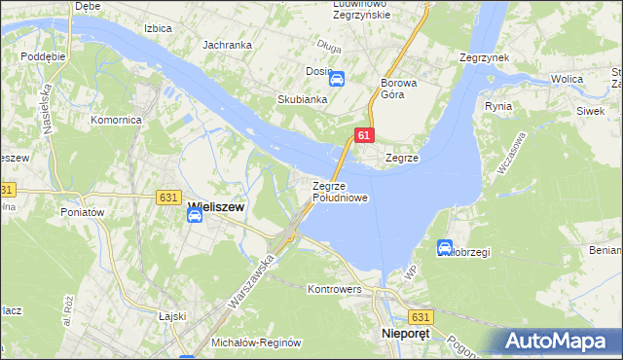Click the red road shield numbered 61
pyautogui.click(x=362, y=136)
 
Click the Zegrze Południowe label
pyautogui.click(x=340, y=192)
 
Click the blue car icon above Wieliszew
pyautogui.click(x=195, y=220)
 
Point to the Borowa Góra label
pyautogui.click(x=399, y=89)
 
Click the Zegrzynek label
pyautogui.click(x=485, y=58)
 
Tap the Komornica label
pyautogui.click(x=116, y=120)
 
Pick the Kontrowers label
pyautogui.click(x=334, y=290)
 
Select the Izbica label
pyautogui.click(x=157, y=28)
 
